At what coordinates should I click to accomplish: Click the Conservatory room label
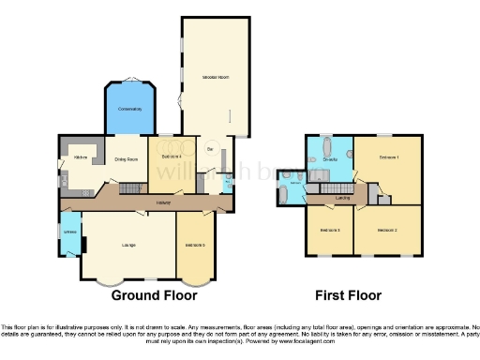click(129, 110)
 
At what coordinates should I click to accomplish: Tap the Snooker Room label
click(215, 76)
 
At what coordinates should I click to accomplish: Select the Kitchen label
click(80, 157)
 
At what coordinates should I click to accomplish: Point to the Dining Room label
click(126, 159)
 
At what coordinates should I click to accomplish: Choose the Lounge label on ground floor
click(128, 246)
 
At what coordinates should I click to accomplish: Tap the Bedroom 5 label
click(195, 246)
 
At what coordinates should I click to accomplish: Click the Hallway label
click(163, 202)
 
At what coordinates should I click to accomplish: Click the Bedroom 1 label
click(389, 157)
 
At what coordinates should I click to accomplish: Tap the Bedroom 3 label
click(330, 230)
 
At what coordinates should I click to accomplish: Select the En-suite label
click(330, 160)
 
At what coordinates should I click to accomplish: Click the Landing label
click(343, 199)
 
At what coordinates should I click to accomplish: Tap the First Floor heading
click(348, 294)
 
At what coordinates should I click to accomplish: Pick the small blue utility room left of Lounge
click(69, 232)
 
